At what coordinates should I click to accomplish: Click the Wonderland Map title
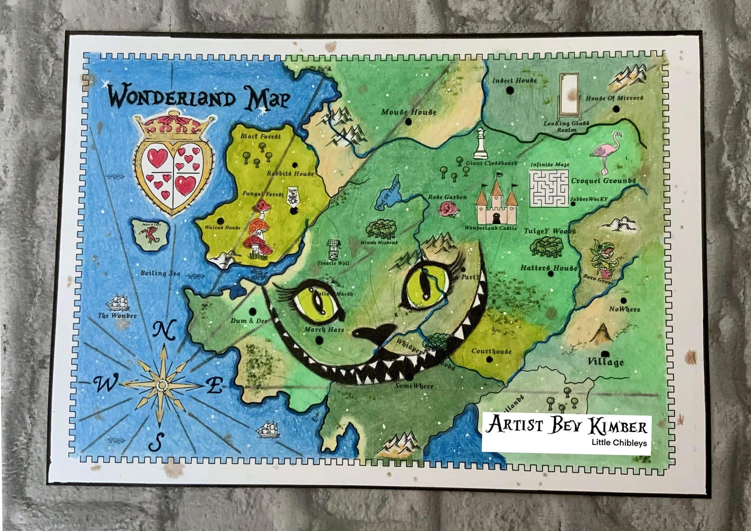pyautogui.click(x=199, y=98)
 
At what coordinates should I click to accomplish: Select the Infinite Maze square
pyautogui.click(x=548, y=188)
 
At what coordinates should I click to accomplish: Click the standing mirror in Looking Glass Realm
pyautogui.click(x=567, y=97)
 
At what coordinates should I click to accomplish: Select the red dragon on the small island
pyautogui.click(x=152, y=234)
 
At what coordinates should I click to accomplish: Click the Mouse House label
pyautogui.click(x=409, y=112)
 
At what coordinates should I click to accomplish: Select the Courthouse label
pyautogui.click(x=491, y=351)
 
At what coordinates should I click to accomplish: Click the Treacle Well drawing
pyautogui.click(x=334, y=249)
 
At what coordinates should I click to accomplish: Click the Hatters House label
pyautogui.click(x=549, y=268)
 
